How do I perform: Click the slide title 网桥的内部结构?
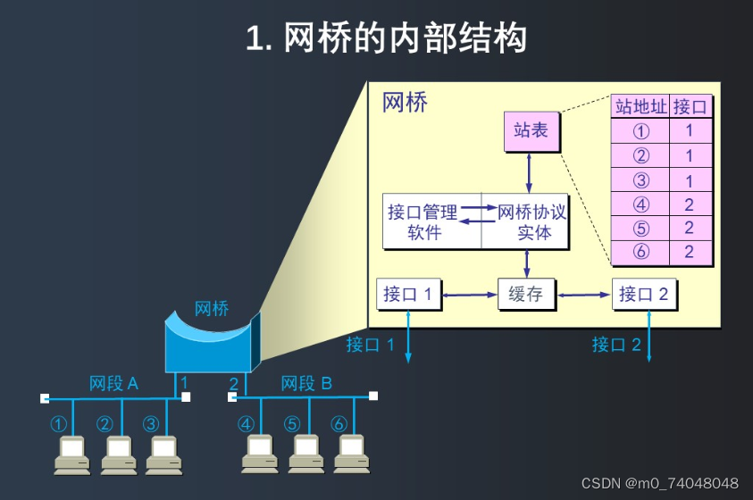click(386, 38)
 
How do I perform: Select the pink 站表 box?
click(531, 131)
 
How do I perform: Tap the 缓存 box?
click(526, 294)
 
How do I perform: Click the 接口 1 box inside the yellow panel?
click(408, 294)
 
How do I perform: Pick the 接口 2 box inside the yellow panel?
click(643, 294)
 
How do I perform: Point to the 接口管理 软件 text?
click(423, 222)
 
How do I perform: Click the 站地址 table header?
click(640, 106)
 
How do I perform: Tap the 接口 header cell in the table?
click(690, 106)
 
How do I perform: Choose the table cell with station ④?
click(640, 204)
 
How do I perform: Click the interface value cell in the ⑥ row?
click(690, 253)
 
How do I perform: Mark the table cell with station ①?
click(640, 130)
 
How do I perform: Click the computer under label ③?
click(162, 454)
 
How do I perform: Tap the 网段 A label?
click(113, 384)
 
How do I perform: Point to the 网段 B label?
click(306, 384)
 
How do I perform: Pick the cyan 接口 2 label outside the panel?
click(616, 345)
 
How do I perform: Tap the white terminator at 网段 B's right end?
click(373, 396)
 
